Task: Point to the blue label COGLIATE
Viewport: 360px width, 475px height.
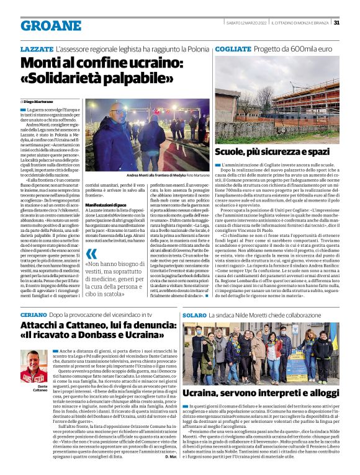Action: click(x=233, y=48)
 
